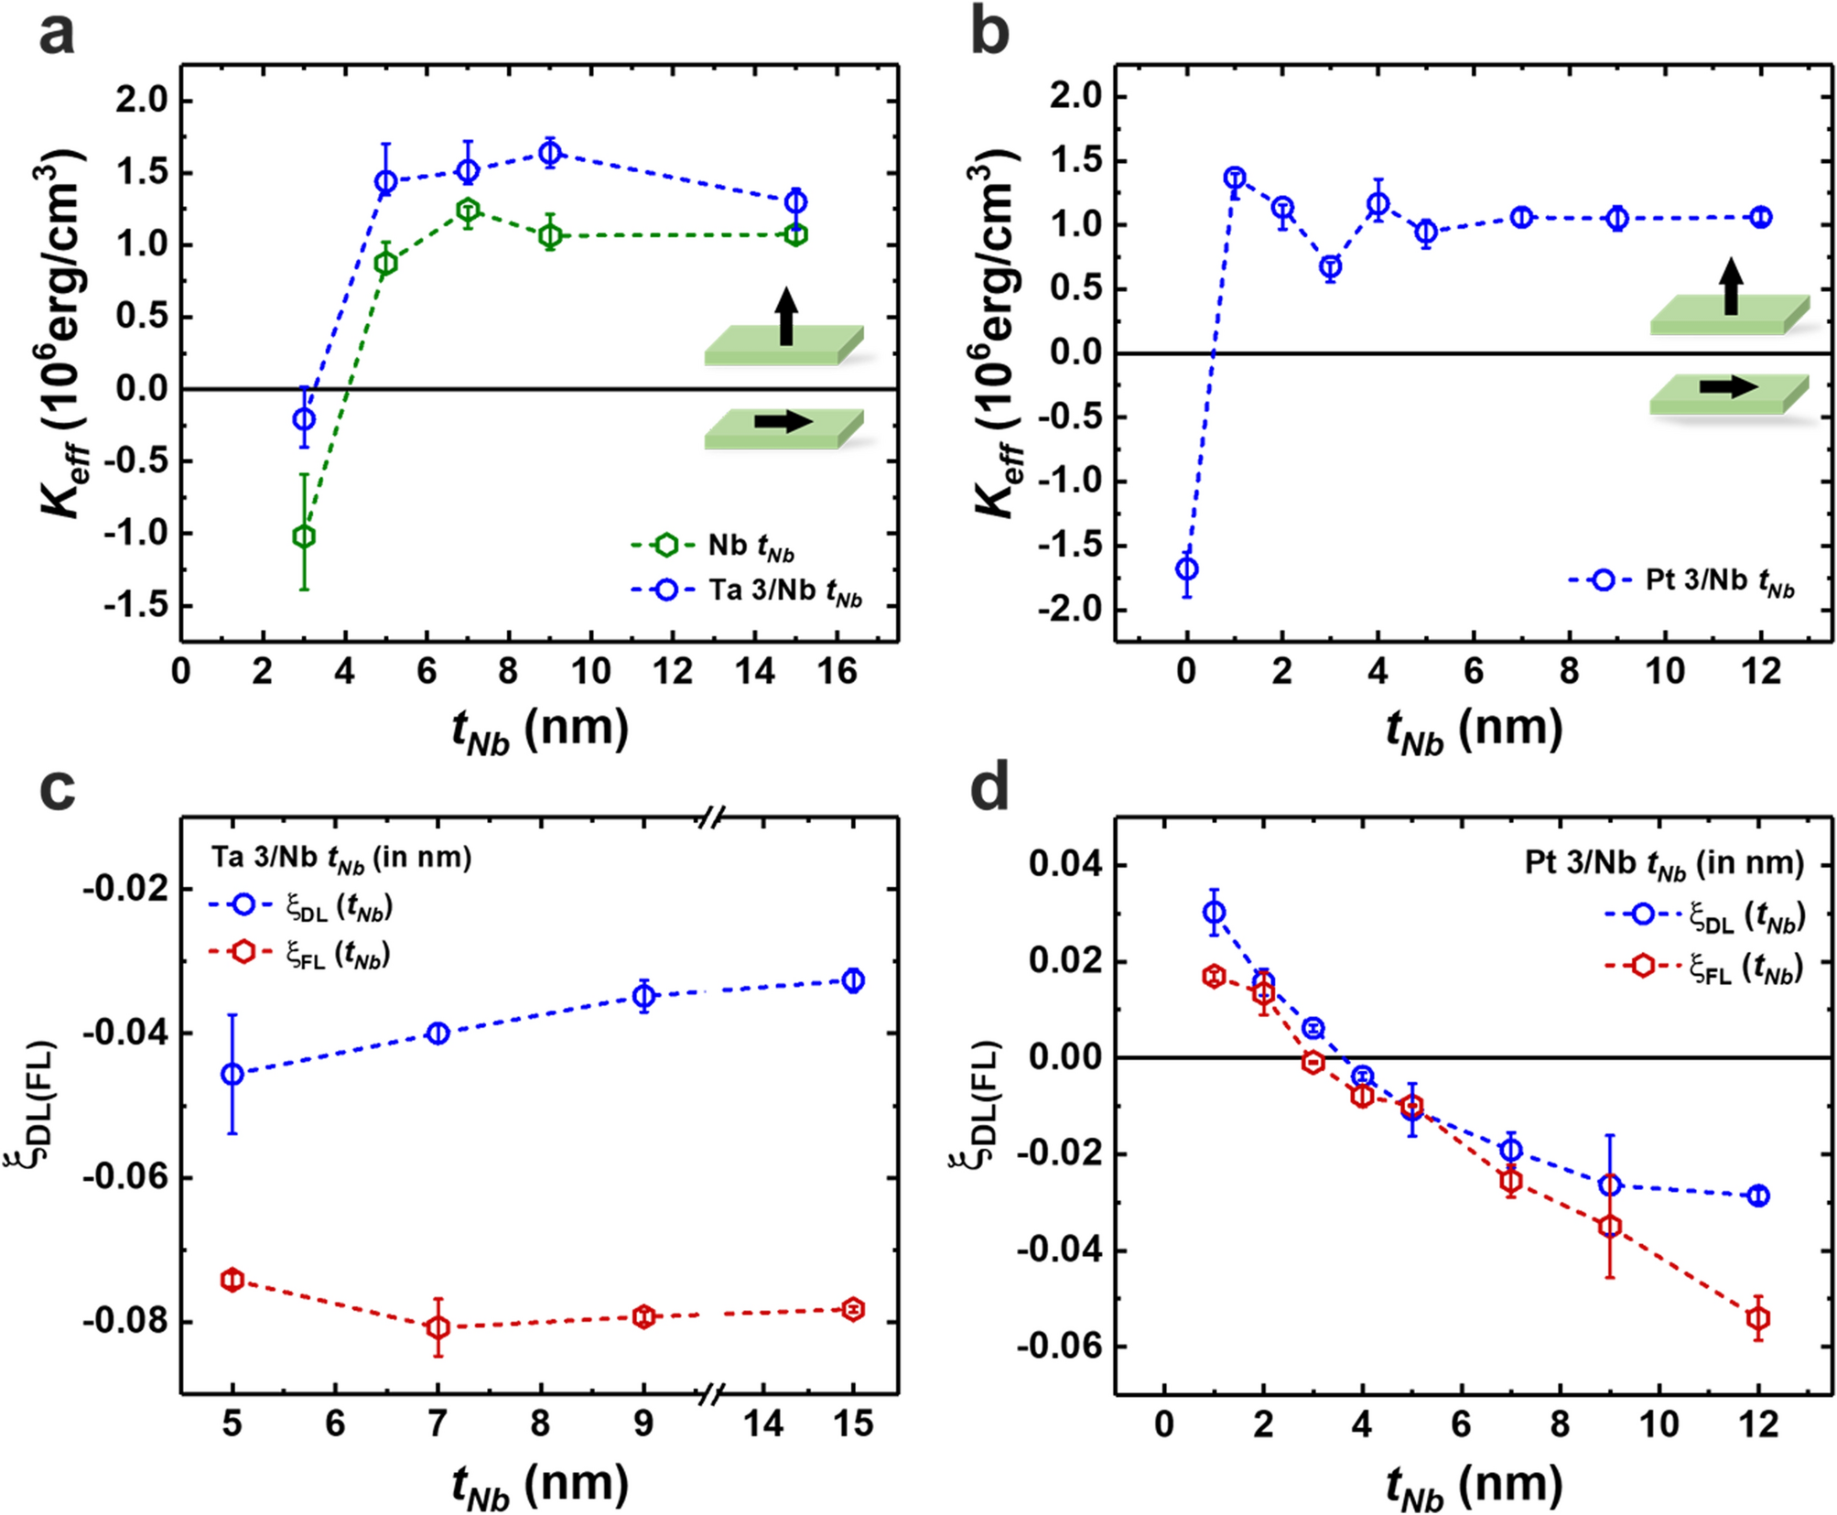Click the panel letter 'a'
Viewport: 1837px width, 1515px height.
tap(57, 37)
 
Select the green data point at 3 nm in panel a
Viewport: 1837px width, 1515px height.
tap(304, 536)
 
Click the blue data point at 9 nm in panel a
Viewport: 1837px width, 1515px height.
tap(549, 153)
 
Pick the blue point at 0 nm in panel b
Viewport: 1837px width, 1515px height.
tap(1187, 568)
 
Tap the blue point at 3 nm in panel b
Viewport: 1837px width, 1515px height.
tap(1330, 267)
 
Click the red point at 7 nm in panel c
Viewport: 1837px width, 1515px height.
tap(438, 1326)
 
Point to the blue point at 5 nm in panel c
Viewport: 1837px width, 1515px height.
tap(232, 1074)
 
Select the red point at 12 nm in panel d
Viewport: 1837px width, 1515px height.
tap(1757, 1318)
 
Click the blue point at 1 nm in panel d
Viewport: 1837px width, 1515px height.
tap(1215, 912)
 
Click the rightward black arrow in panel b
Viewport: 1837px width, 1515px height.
tap(1728, 387)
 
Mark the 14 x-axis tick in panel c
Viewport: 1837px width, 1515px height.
tap(762, 1423)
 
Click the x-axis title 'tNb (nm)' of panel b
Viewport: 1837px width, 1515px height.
tap(1474, 730)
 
